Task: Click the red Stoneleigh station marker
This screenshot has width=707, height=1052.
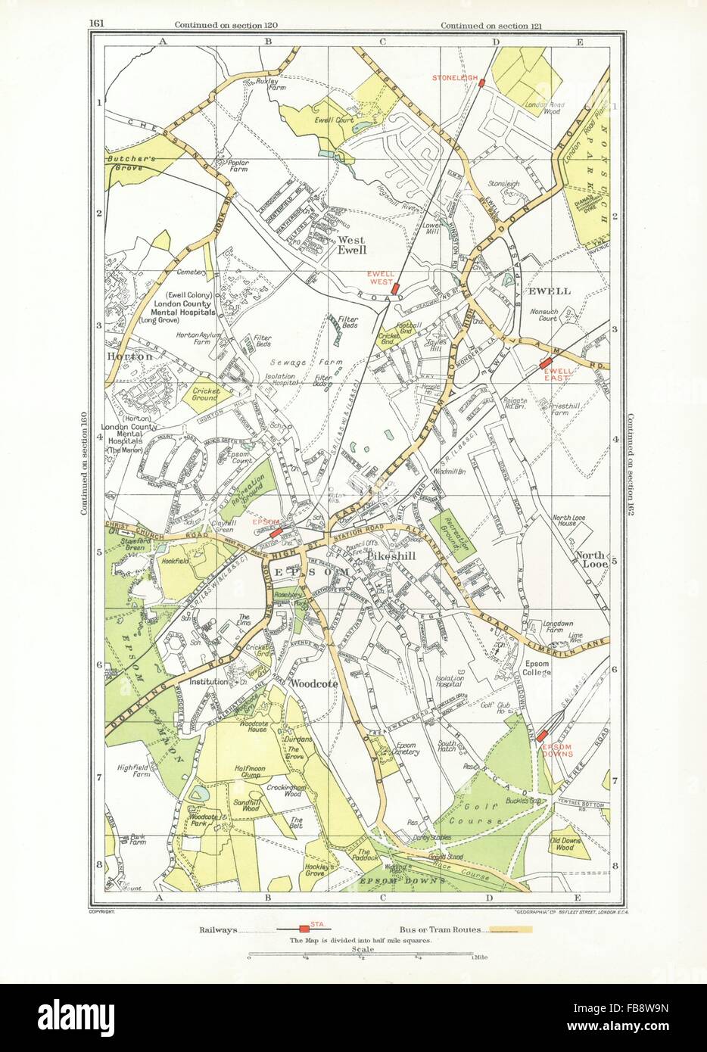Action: (481, 82)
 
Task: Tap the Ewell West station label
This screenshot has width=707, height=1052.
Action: (380, 279)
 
